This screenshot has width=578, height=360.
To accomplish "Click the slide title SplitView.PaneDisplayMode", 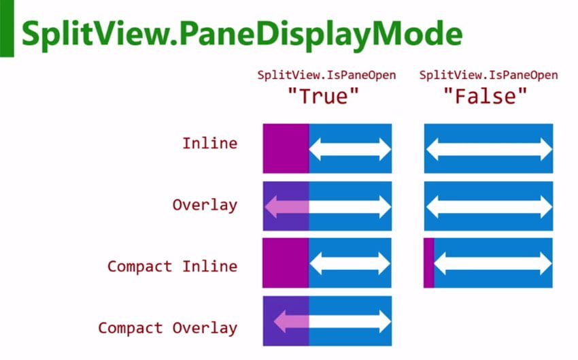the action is pos(242,34).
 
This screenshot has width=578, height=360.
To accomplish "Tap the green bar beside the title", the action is pos(7,29).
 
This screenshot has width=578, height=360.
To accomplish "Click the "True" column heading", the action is pos(323,96).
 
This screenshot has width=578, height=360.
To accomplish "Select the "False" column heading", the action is pos(486,96).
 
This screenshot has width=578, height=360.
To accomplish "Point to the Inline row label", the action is pos(209,143).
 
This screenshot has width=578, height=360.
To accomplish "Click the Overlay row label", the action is pos(205,205).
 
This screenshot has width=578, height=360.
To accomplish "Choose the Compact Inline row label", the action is pos(173,266).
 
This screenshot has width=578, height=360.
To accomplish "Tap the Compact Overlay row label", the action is pos(168,328).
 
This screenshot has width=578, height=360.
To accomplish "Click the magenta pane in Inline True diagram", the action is pos(286,148).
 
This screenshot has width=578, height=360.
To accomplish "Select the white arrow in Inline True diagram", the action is pos(350,149).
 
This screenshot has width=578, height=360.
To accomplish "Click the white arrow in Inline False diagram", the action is pos(489,149).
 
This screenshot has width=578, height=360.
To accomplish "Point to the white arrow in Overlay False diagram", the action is pos(489,207).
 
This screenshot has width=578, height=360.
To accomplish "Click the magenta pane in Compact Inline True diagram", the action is pos(286,263).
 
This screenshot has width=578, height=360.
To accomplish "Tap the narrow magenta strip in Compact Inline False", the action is pos(428,263).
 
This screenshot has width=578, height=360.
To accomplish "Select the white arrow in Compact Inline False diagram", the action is pos(493,263).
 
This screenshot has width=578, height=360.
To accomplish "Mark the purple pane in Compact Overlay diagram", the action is pos(286,321).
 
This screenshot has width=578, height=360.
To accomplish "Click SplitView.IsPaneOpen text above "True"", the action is pos(326,76).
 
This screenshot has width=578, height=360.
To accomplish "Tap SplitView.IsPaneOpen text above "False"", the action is pos(488,76).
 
